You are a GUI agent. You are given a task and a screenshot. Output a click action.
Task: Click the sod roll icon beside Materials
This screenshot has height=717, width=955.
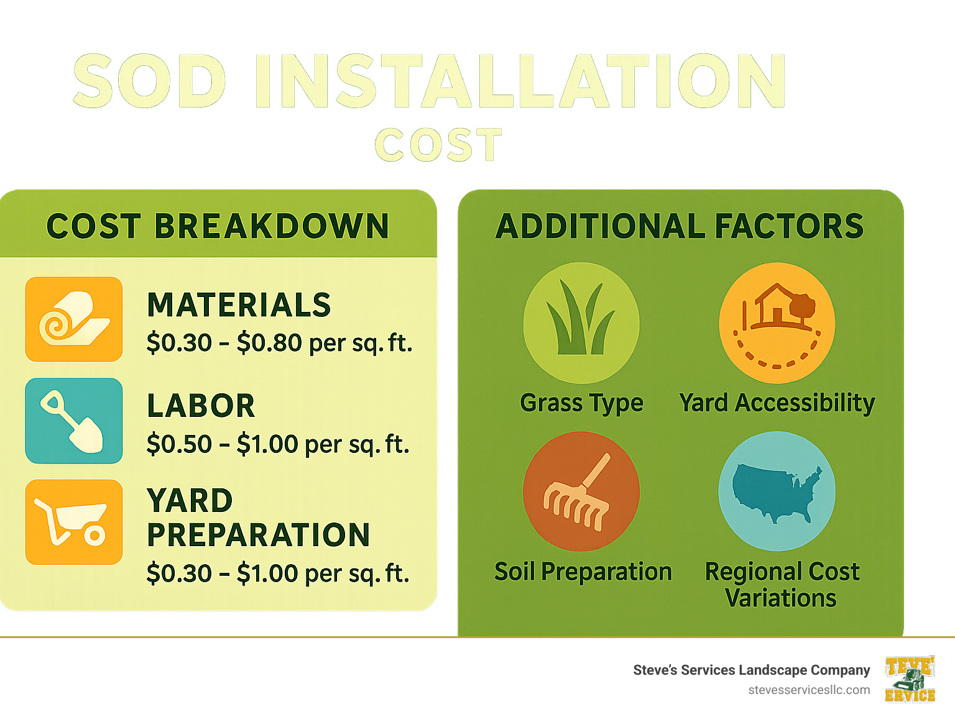pos(74,319)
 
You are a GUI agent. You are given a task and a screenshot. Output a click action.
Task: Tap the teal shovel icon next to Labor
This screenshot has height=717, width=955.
pos(74,421)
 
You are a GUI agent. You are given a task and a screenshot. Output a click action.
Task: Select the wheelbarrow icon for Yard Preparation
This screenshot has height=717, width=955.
pos(74,522)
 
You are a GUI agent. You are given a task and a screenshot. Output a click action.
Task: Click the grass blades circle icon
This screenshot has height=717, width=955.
pos(581,322)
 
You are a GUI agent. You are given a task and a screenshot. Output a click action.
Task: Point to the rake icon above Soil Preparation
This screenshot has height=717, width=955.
pos(581,491)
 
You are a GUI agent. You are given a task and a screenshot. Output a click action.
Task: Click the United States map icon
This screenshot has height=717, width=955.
pos(777,491)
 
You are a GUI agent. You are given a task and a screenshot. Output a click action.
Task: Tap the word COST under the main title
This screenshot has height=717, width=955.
pos(438,145)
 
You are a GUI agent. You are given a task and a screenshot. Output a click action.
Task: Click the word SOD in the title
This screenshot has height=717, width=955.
pos(149,81)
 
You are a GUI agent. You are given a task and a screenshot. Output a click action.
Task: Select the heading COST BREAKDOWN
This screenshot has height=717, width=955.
pos(218,226)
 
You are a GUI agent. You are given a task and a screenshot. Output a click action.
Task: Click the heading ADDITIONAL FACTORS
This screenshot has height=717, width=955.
pos(680,226)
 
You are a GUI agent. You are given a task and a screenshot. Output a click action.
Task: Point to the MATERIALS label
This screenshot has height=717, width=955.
pos(239,305)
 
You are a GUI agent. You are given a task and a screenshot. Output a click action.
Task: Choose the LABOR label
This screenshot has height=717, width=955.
pos(201,406)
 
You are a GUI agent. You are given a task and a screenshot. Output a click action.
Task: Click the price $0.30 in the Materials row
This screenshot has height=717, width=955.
pos(179,343)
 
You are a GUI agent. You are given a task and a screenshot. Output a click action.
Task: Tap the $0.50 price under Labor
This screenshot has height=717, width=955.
pos(179,444)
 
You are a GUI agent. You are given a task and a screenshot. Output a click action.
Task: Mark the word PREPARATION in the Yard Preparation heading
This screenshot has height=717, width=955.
pos(259,535)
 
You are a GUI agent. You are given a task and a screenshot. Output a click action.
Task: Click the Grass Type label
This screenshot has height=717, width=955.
pos(581,403)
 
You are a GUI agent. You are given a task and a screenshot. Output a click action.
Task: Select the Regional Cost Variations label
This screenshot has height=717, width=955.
pos(782,585)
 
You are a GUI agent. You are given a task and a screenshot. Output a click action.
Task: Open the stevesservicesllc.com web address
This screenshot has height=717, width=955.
pos(809,690)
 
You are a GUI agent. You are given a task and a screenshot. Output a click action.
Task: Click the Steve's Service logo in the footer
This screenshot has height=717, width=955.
pos(910,679)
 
